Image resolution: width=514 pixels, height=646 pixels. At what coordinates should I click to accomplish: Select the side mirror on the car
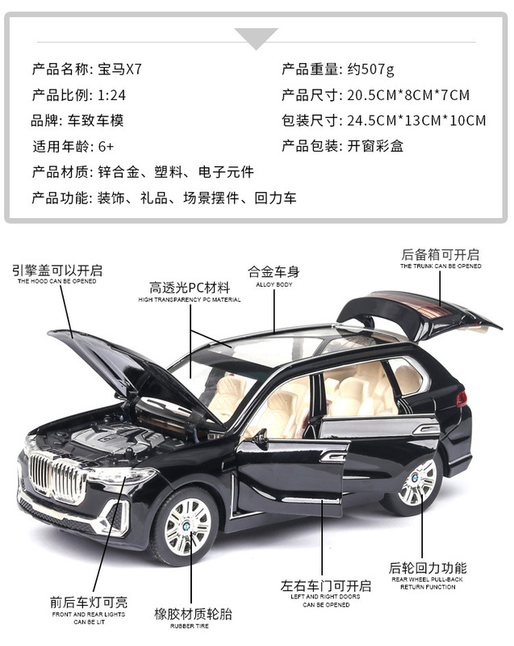[260, 438]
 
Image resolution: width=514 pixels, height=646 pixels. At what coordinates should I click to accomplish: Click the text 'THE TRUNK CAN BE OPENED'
[441, 266]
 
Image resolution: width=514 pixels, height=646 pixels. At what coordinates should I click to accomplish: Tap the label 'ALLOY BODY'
[272, 284]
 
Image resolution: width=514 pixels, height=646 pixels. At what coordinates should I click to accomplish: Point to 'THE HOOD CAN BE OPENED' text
[57, 281]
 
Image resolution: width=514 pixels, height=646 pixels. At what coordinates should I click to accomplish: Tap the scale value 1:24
[111, 95]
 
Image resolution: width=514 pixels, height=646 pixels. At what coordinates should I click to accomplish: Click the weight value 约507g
[370, 69]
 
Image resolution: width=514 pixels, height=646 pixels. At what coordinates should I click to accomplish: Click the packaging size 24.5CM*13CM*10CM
[416, 121]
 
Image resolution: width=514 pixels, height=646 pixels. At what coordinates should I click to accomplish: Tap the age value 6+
[106, 147]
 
